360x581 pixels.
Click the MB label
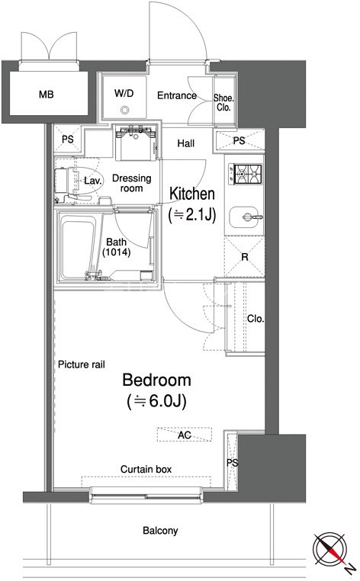pos(47,95)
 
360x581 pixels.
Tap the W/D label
pos(124,93)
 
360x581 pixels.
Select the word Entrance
pos(177,95)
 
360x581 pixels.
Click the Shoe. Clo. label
pos(223,103)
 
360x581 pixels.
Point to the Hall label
pos(186,143)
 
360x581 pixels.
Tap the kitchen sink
pos(246,217)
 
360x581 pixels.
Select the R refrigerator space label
pos(245,257)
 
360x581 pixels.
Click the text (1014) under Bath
pos(117,252)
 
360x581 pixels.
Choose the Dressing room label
pos(132,183)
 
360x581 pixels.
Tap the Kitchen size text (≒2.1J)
pos(192,215)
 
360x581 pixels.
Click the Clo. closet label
pos(256,319)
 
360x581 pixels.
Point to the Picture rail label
pos(82,364)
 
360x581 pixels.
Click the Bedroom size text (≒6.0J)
pos(156,401)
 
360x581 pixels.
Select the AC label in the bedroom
pos(185,435)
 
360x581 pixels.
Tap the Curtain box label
pos(146,470)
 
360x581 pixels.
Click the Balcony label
pos(160,531)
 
